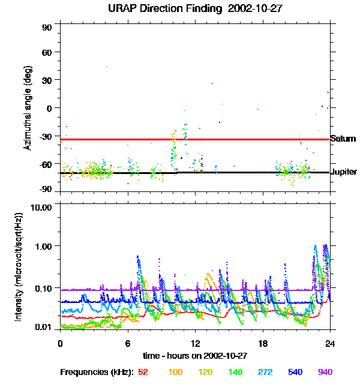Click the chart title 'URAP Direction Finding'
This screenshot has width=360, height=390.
(x=158, y=8)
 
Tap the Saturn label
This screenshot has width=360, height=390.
(x=343, y=139)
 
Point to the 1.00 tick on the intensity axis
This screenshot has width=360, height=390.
(x=44, y=246)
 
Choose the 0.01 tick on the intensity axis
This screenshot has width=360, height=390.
(x=44, y=327)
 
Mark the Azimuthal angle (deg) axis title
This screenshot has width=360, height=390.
(x=27, y=108)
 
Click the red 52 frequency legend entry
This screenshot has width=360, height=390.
(x=143, y=373)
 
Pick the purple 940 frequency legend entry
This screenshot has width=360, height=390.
(x=325, y=373)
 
